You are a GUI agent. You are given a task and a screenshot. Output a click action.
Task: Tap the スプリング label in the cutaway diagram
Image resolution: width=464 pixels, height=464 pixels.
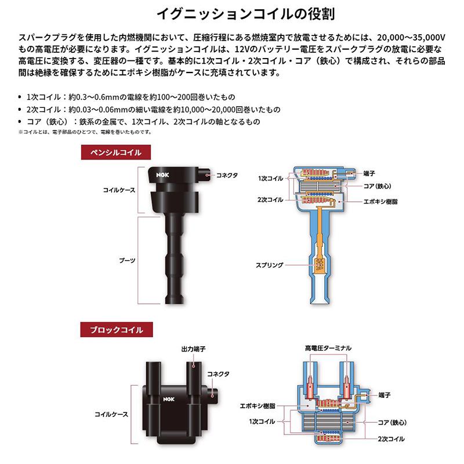pos(270,265)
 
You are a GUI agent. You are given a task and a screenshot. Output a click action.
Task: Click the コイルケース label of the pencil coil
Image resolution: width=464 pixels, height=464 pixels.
pos(118,190)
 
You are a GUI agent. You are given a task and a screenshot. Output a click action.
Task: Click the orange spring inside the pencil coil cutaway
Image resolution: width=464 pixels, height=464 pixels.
pos(318,265)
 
